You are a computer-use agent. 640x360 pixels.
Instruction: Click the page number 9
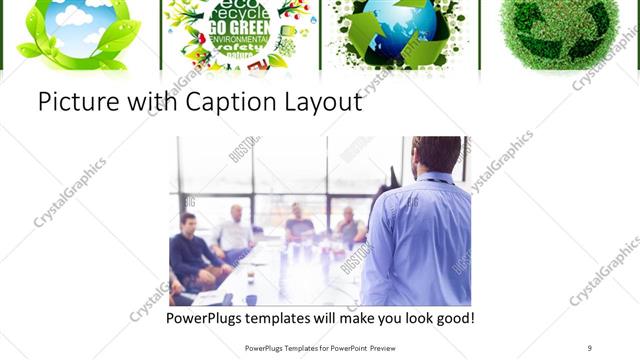pyautogui.click(x=589, y=347)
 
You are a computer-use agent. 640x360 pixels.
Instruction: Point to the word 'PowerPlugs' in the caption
pyautogui.click(x=207, y=319)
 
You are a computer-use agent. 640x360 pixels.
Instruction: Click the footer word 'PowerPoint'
pyautogui.click(x=338, y=347)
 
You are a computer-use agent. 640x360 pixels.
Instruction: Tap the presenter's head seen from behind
pyautogui.click(x=436, y=155)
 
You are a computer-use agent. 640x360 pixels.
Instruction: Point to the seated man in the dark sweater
pyautogui.click(x=190, y=250)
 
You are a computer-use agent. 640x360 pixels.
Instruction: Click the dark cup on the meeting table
pyautogui.click(x=250, y=297)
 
